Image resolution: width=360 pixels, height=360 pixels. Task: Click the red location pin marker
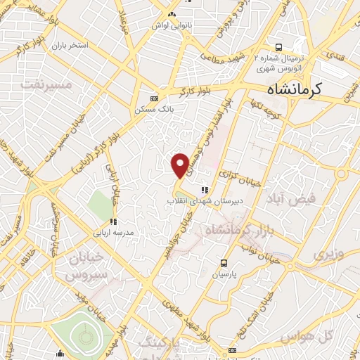coord(180,165)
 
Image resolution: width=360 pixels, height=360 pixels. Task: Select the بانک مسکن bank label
coord(155,110)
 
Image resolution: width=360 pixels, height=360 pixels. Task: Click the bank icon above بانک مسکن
coord(155,98)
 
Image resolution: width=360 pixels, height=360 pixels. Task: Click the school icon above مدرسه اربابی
coord(113,221)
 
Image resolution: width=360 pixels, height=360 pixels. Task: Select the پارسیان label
coord(226,273)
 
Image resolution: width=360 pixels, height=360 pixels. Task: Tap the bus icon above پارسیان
coord(225,262)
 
